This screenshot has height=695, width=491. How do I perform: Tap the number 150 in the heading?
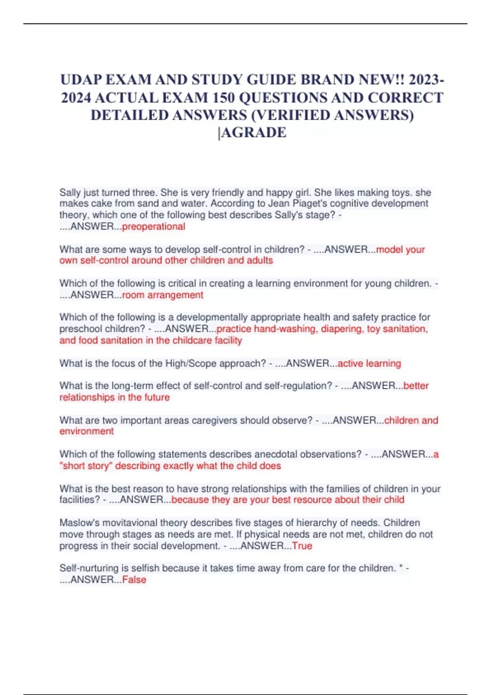(224, 98)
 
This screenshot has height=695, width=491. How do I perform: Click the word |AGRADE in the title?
(252, 132)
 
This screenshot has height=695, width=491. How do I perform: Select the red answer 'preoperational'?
(153, 226)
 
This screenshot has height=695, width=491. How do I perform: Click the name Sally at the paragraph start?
(70, 192)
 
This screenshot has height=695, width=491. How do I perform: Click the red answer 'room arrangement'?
(162, 295)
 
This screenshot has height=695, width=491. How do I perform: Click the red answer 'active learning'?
(369, 363)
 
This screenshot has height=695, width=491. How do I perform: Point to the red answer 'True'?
(302, 546)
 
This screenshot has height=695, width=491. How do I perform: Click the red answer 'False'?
(134, 579)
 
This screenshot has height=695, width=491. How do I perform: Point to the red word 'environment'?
(87, 431)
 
